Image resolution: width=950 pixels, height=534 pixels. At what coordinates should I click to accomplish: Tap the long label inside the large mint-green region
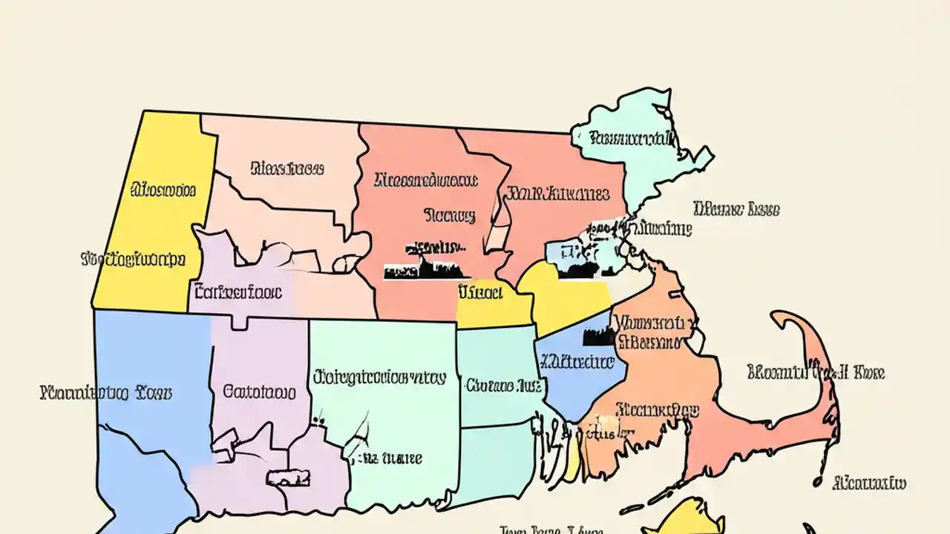pos(379,377)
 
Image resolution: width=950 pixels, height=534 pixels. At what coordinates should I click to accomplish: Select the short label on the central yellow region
pos(479,291)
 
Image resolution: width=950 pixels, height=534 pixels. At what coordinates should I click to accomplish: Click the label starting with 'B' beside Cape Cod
pos(815,372)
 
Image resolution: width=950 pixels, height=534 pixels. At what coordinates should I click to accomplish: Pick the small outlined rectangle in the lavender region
pos(288,476)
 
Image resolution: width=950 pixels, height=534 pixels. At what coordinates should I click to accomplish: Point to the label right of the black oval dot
pos(870,484)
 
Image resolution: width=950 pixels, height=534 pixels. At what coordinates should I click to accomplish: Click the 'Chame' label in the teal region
pos(502,385)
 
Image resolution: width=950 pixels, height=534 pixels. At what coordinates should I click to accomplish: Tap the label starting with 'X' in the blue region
pos(577,362)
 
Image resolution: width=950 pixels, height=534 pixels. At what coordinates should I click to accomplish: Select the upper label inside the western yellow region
pos(163,191)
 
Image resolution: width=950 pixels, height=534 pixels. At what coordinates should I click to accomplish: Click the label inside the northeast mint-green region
pos(632,137)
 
